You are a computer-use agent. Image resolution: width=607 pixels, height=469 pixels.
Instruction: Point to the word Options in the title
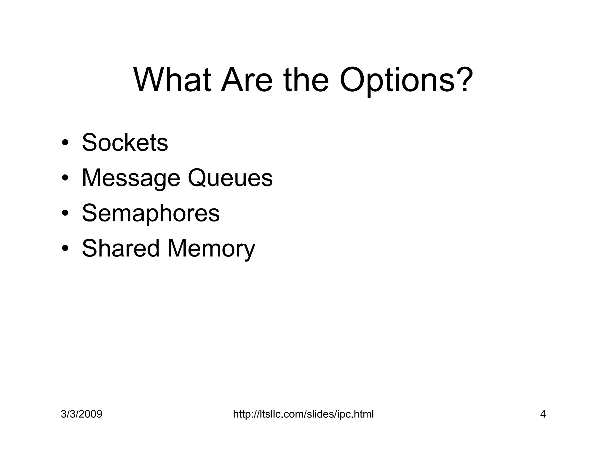(397, 81)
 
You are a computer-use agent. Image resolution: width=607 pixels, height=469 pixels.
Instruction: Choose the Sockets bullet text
(125, 143)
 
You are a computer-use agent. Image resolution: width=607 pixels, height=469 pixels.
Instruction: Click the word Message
(131, 178)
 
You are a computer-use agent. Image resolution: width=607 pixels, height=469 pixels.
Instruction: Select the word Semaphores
(151, 213)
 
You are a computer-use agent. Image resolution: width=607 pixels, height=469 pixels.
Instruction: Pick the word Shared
(121, 248)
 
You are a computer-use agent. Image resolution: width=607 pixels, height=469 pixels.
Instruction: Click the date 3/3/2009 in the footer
(82, 414)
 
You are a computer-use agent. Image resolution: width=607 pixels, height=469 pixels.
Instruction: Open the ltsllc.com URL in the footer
(303, 414)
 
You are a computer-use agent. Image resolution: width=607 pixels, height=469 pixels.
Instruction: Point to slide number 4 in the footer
(543, 414)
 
